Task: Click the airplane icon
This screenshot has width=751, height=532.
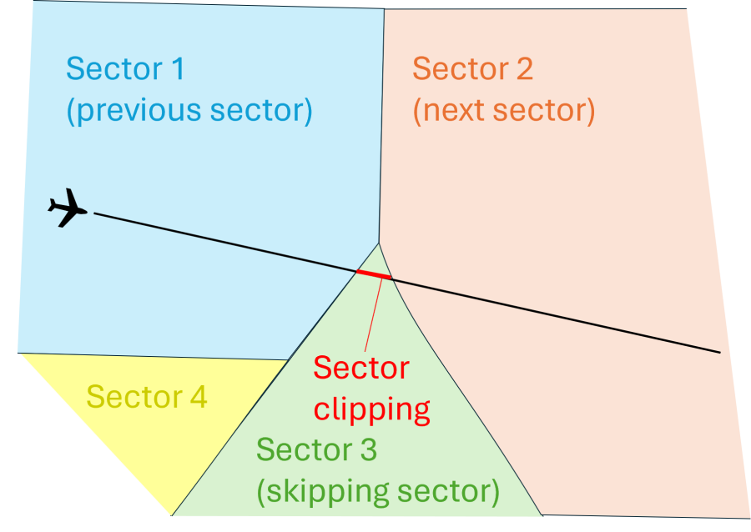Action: coord(68,208)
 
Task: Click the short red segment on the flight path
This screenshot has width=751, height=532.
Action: coord(374,274)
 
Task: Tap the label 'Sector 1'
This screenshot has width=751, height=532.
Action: coord(125,68)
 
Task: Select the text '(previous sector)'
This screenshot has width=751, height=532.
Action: coord(189,111)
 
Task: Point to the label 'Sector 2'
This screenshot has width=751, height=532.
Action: coord(472,68)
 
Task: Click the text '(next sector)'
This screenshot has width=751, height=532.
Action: coord(504,111)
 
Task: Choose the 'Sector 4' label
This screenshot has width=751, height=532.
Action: coord(147,397)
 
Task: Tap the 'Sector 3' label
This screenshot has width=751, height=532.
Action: coord(316,450)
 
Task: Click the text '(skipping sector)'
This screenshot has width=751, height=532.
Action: coord(378,492)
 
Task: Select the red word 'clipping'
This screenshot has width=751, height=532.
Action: coord(372,409)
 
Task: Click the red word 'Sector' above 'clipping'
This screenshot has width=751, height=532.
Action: coord(361,368)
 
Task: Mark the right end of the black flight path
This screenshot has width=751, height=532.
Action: coord(718,352)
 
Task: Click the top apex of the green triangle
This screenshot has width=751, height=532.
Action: coord(379,243)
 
